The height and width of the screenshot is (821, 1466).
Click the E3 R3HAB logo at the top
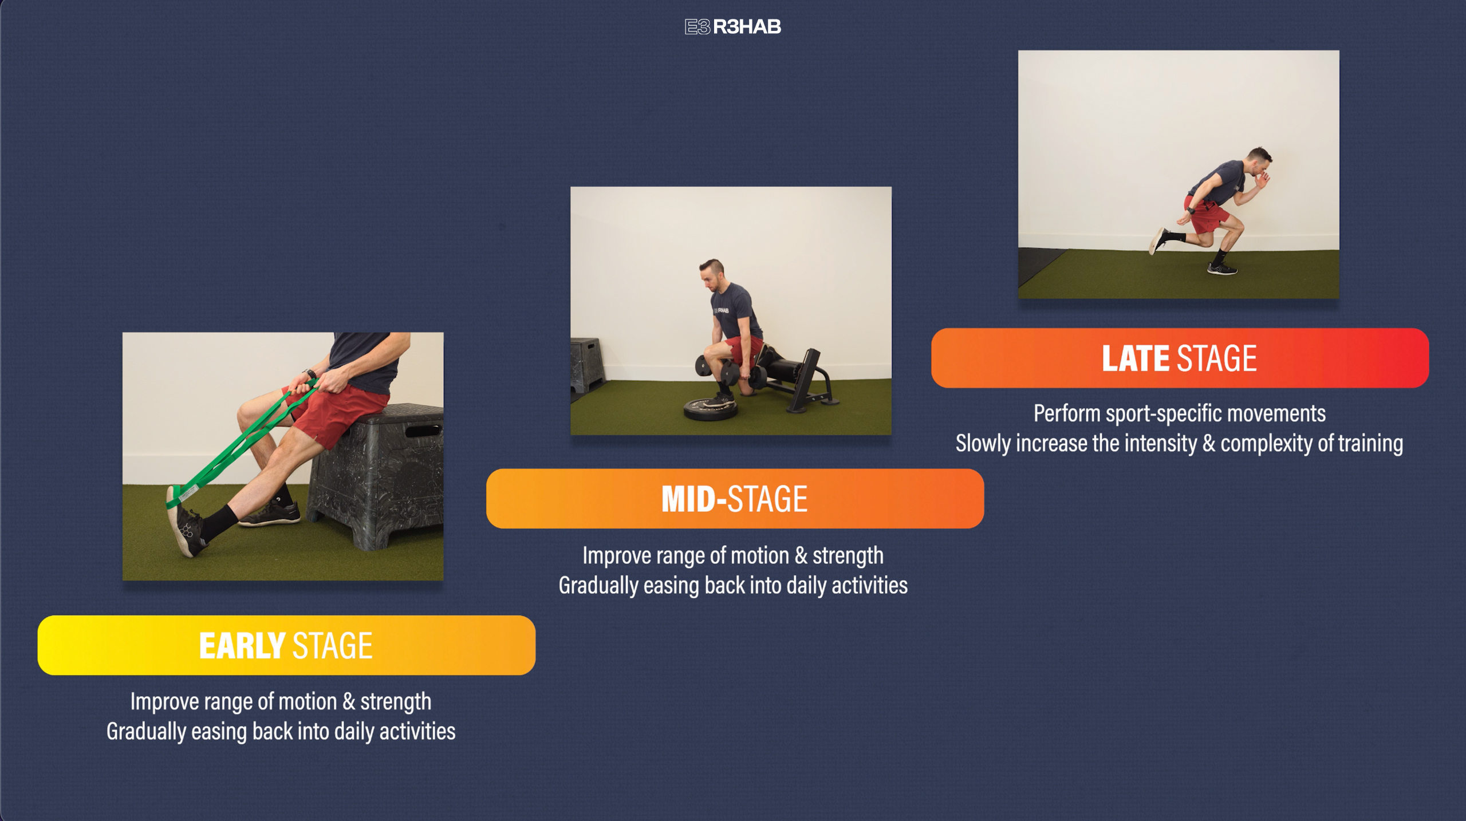click(x=732, y=27)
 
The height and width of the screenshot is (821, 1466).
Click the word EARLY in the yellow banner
click(x=242, y=646)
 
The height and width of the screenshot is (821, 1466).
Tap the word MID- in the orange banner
click(x=693, y=499)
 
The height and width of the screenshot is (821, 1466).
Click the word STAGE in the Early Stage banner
click(x=333, y=646)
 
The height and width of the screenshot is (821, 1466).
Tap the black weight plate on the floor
click(x=710, y=408)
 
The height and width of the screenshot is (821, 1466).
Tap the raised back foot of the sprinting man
click(x=1157, y=240)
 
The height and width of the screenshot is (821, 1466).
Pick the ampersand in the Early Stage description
click(x=348, y=702)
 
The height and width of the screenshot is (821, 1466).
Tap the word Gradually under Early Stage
click(x=146, y=732)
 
